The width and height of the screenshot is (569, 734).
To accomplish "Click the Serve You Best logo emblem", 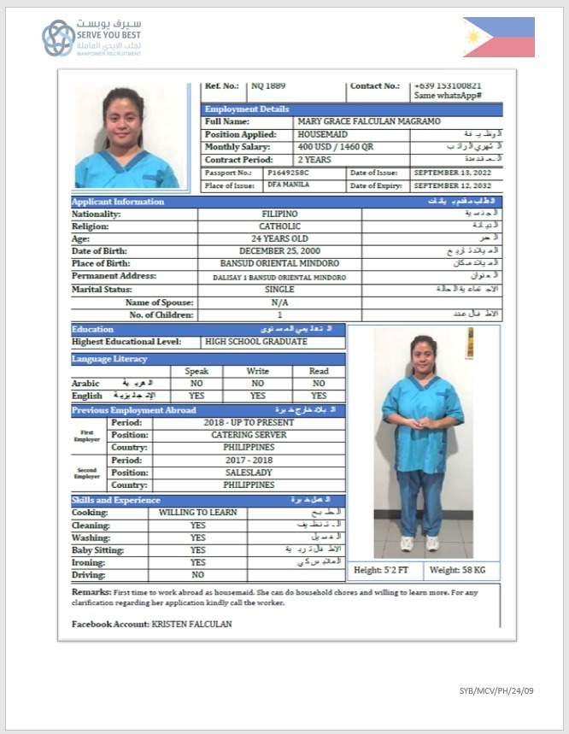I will pyautogui.click(x=58, y=38).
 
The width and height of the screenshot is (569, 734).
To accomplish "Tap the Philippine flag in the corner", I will pyautogui.click(x=499, y=38).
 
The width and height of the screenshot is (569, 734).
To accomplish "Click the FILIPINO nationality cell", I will pyautogui.click(x=279, y=214).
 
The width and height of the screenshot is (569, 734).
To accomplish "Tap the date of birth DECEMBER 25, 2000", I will pyautogui.click(x=279, y=251).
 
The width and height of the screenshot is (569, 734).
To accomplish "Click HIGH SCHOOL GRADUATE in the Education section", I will pyautogui.click(x=256, y=342).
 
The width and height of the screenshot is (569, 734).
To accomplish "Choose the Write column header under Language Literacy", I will pyautogui.click(x=257, y=372).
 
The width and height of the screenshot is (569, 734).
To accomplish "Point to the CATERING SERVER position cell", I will pyautogui.click(x=249, y=435).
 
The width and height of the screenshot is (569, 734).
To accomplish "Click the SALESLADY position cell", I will pyautogui.click(x=249, y=473).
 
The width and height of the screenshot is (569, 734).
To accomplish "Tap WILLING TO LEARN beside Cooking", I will pyautogui.click(x=197, y=513).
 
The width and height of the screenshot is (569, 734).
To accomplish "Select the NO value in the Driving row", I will pyautogui.click(x=197, y=575).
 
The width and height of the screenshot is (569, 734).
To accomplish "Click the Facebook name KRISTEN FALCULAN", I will pyautogui.click(x=191, y=625).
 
